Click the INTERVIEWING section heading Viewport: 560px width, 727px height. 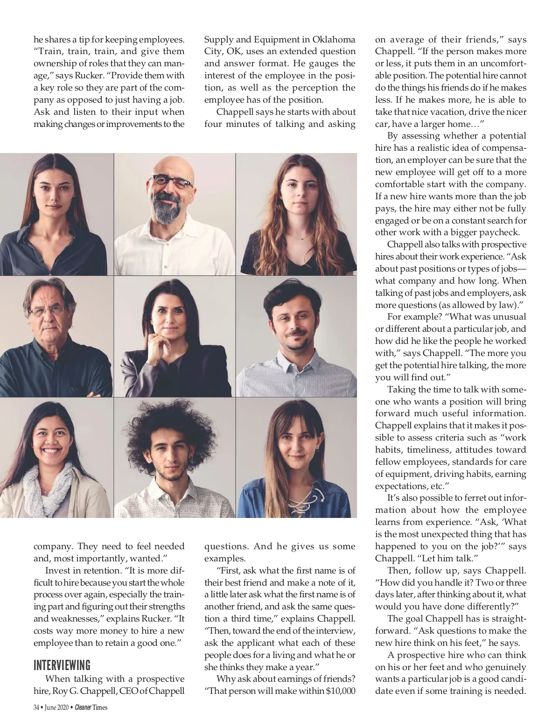point(62,664)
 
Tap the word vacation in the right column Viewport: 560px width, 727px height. point(434,112)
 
